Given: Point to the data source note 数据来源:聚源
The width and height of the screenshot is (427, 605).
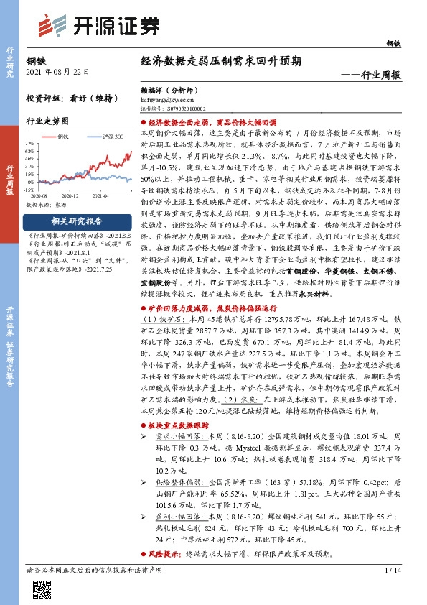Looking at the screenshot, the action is pos(47,205).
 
